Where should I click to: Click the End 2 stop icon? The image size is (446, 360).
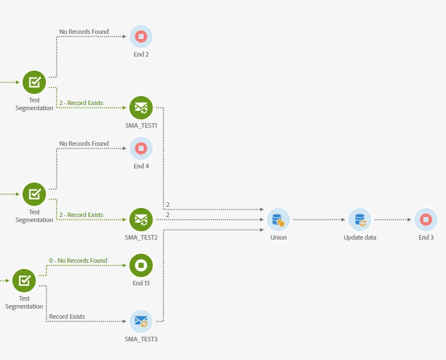141,37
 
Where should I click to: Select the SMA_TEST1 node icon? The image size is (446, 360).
141,107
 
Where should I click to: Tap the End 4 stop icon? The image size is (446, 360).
141,149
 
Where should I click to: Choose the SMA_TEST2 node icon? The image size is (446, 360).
141,219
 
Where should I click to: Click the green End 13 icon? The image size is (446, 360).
141,265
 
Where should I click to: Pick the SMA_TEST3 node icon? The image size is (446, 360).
141,321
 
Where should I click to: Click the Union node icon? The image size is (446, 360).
278,219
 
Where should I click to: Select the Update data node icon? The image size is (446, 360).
360,219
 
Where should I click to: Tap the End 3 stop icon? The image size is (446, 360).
426,219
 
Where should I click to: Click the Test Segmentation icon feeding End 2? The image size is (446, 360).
34,82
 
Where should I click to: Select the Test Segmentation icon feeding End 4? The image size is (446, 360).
34,194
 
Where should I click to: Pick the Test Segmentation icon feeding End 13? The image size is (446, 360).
24,280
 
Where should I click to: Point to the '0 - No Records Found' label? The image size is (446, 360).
78,261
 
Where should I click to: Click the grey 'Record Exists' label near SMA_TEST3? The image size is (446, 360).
67,316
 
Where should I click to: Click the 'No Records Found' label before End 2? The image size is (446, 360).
84,32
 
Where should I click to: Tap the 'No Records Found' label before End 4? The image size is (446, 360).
84,144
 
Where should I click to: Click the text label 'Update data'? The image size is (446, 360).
360,237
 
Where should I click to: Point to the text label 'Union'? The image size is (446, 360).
278,237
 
